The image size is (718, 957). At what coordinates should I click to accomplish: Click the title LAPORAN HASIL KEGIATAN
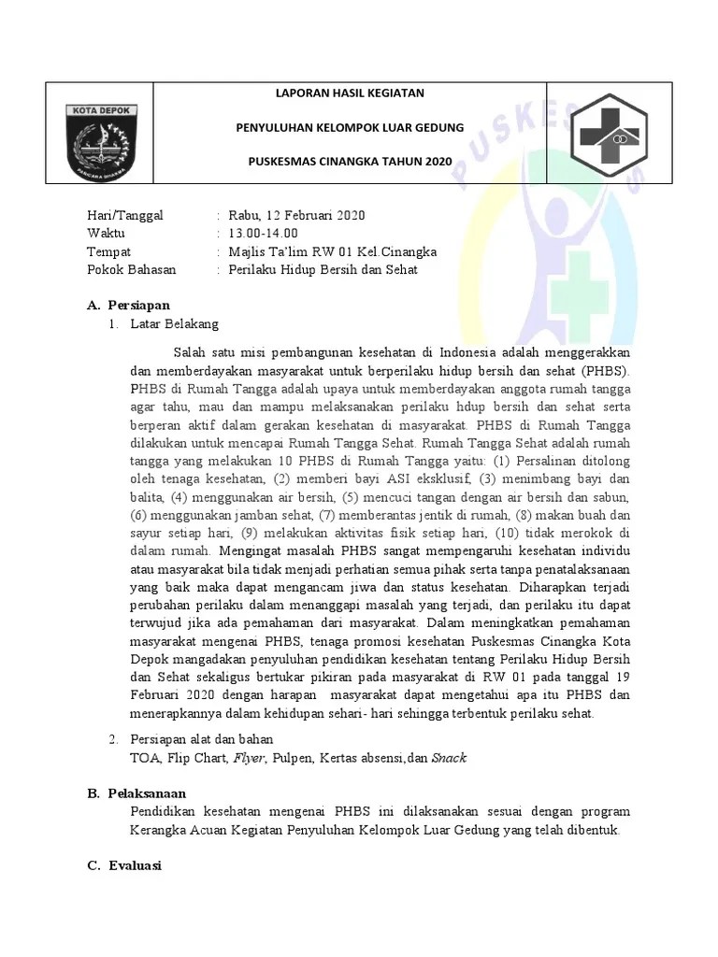coord(349,93)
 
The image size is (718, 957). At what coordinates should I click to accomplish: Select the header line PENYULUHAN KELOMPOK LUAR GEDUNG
coord(349,127)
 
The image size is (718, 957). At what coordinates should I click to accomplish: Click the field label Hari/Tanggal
coord(124,216)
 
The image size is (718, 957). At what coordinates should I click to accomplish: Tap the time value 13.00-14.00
coord(264,234)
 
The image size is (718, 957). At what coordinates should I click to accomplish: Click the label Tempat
coord(108,252)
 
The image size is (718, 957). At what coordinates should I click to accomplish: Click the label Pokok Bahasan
coord(131,270)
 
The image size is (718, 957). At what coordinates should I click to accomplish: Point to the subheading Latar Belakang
coord(174,323)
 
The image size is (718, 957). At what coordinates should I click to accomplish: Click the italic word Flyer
coord(249,758)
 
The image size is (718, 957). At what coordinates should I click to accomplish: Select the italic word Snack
coord(449,758)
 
